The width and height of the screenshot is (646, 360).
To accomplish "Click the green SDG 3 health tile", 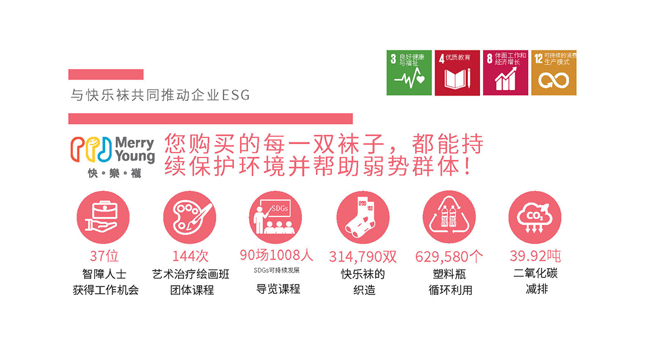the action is [x=409, y=72].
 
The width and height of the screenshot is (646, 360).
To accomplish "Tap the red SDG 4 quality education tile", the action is [x=458, y=72].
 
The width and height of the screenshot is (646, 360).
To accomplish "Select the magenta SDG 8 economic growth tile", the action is [x=506, y=72].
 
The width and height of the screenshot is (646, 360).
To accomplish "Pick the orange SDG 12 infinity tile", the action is [x=554, y=72].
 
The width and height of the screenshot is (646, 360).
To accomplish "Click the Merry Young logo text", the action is [x=135, y=149].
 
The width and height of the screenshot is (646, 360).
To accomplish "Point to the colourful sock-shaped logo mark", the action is [x=91, y=149].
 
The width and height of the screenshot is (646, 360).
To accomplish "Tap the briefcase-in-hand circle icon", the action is [x=103, y=217].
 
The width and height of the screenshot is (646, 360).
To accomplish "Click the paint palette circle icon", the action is [x=190, y=217].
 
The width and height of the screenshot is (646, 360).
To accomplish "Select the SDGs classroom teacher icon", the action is [x=276, y=217].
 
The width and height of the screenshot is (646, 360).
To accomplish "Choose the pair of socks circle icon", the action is [x=363, y=217].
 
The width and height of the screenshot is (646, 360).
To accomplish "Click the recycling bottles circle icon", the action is [x=449, y=217].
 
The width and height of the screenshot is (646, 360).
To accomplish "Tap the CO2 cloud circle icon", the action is [x=535, y=217].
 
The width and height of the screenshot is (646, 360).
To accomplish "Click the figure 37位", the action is [x=105, y=256].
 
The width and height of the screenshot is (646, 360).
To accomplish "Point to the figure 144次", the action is [x=190, y=256].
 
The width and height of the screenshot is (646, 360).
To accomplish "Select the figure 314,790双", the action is [x=363, y=257].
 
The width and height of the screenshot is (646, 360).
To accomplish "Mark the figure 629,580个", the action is [x=449, y=257].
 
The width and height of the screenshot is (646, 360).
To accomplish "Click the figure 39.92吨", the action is [x=535, y=256].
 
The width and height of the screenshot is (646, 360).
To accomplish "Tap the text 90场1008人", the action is [x=277, y=255].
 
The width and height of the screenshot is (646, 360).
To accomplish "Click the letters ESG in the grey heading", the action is [x=236, y=95].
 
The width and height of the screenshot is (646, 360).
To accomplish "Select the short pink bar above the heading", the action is [x=106, y=74].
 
